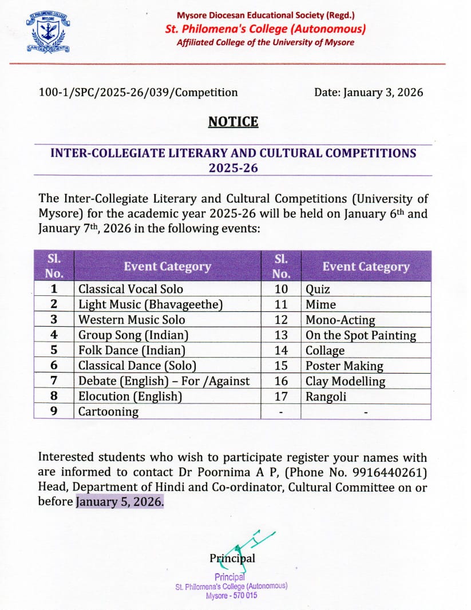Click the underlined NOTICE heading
(x=233, y=122)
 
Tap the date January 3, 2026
(x=369, y=92)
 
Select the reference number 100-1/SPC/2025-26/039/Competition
(x=138, y=92)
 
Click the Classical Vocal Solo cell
(x=130, y=289)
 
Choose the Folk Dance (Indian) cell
(x=132, y=350)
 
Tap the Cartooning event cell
(x=108, y=411)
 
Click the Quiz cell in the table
(x=318, y=289)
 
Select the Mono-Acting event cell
(x=340, y=320)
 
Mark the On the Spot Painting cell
(x=361, y=335)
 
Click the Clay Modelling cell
(x=345, y=381)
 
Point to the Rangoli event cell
(x=326, y=396)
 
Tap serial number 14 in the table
(x=282, y=350)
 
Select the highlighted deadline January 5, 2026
(x=120, y=502)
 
